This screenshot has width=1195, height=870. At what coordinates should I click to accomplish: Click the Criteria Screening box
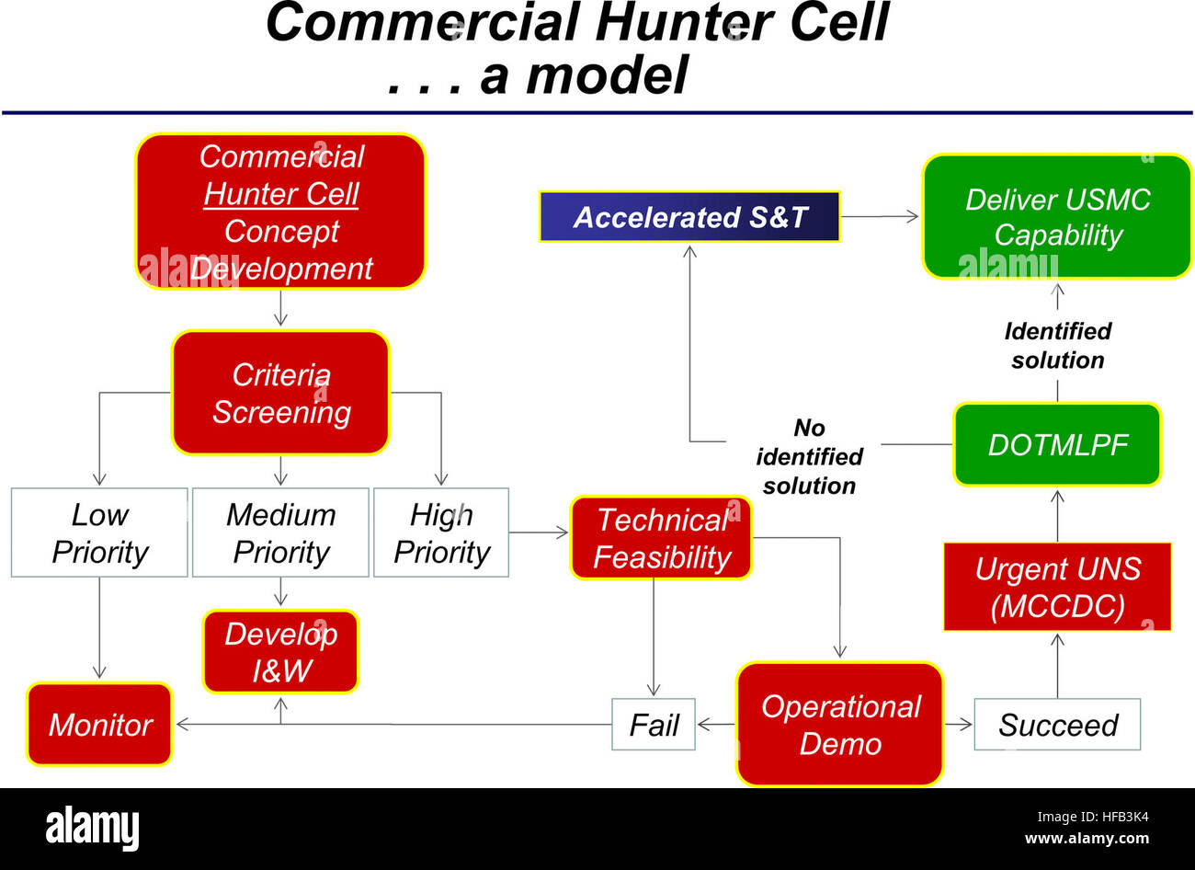click(x=280, y=393)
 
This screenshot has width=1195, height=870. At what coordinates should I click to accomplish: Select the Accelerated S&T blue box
click(x=689, y=217)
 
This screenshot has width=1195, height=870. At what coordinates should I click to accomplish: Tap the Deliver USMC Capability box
click(x=1056, y=217)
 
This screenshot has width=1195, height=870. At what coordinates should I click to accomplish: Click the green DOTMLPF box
click(x=1057, y=445)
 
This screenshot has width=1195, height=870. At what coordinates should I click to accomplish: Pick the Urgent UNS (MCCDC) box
click(x=1057, y=587)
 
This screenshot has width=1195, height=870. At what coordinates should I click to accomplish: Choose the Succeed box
click(x=1057, y=725)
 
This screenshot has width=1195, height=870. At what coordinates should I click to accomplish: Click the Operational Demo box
click(x=840, y=725)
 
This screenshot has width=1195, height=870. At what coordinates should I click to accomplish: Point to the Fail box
click(x=654, y=725)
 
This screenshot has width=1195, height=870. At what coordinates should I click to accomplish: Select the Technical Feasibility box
click(x=661, y=538)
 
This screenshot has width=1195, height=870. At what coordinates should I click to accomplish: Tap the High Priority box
click(x=441, y=533)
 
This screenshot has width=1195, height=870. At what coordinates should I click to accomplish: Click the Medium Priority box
click(x=280, y=533)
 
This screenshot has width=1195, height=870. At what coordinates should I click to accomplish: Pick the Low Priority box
click(x=99, y=533)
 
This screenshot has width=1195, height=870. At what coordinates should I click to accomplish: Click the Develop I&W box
click(x=280, y=652)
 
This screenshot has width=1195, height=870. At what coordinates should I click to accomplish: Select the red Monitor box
click(x=99, y=725)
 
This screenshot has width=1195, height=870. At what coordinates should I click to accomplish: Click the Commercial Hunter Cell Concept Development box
click(x=280, y=212)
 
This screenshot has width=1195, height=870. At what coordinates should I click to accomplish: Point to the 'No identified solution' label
click(x=809, y=457)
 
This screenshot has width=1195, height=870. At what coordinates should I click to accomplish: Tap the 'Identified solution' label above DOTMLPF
click(x=1057, y=346)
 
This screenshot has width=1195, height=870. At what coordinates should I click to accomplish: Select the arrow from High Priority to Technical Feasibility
click(x=539, y=532)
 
